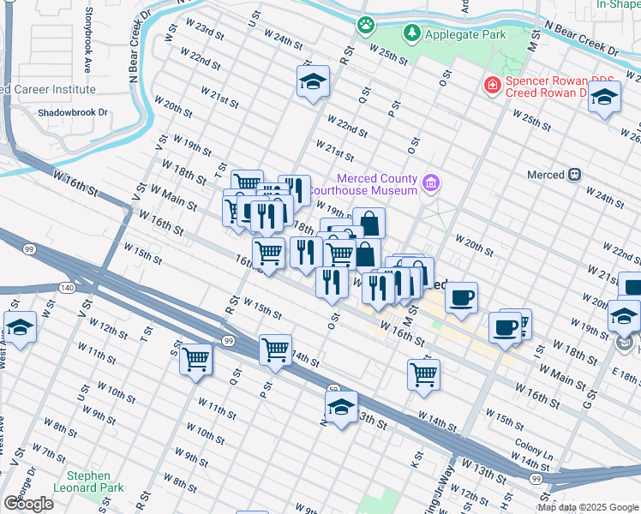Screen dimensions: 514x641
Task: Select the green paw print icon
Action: pyautogui.click(x=367, y=25)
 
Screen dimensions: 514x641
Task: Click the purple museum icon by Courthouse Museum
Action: pyautogui.click(x=431, y=182)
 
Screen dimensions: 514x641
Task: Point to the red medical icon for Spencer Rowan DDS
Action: pyautogui.click(x=492, y=86)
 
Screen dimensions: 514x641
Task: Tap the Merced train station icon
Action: pyautogui.click(x=573, y=175)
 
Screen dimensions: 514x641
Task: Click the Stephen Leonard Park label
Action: pyautogui.click(x=89, y=481)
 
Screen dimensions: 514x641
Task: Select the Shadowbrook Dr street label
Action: pyautogui.click(x=72, y=112)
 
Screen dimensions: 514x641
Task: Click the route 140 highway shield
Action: pyautogui.click(x=67, y=288)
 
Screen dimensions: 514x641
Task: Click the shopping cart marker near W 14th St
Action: pyautogui.click(x=275, y=348)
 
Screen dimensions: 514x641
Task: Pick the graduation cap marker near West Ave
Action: pyautogui.click(x=21, y=326)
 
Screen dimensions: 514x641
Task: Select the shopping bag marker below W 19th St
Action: pyautogui.click(x=368, y=223)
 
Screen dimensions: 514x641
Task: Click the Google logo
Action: pyautogui.click(x=28, y=504)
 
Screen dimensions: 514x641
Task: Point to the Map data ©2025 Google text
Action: pyautogui.click(x=587, y=507)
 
